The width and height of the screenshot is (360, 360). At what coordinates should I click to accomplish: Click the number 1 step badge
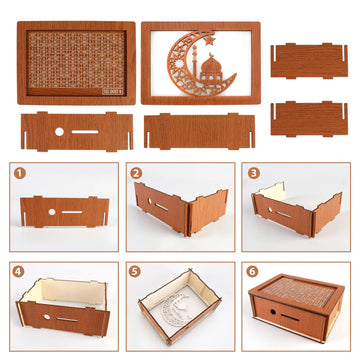19,172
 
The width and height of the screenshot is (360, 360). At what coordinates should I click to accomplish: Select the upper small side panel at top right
310,59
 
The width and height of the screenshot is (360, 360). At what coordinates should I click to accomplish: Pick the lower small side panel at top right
310,118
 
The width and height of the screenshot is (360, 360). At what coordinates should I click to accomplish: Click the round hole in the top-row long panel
58,132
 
